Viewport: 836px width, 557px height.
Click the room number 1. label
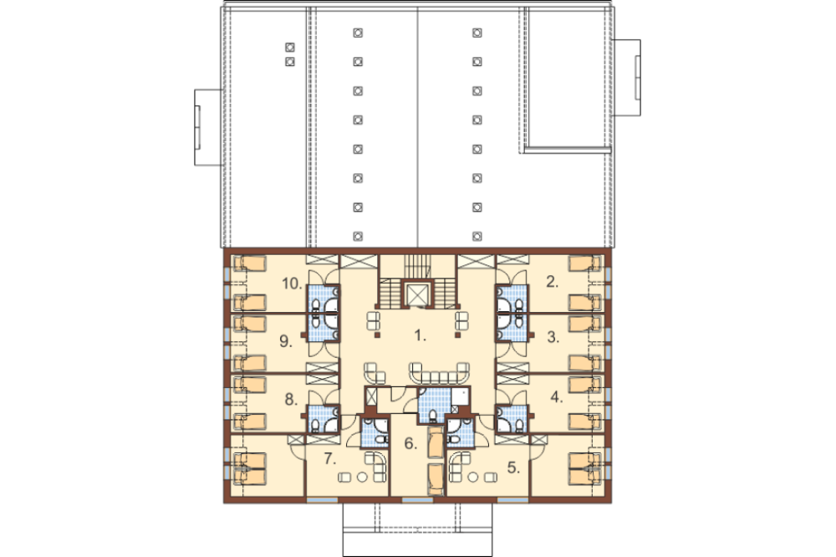click(x=421, y=335)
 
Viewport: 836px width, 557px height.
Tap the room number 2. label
click(x=553, y=282)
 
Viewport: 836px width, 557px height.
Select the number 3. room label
click(x=553, y=337)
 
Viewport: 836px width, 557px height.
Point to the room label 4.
click(x=557, y=397)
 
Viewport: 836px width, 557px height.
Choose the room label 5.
click(x=513, y=468)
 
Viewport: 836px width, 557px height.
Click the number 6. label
click(x=410, y=443)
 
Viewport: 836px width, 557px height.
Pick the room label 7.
click(x=330, y=458)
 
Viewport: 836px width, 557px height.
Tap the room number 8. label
click(x=291, y=399)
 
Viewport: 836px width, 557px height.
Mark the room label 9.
click(x=286, y=341)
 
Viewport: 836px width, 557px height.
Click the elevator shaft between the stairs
click(x=417, y=294)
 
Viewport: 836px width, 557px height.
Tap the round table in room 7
click(x=362, y=477)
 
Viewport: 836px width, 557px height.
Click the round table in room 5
click(x=472, y=477)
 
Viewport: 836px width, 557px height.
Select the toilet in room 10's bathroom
click(x=316, y=305)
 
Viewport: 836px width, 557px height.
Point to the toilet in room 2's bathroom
click(x=519, y=305)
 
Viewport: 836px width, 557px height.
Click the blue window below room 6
click(x=417, y=500)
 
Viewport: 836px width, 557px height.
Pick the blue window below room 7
click(x=322, y=500)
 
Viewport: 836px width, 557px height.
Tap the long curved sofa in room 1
click(x=440, y=374)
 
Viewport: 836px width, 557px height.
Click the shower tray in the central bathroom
click(x=460, y=396)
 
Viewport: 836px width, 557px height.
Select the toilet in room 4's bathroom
click(x=518, y=425)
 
